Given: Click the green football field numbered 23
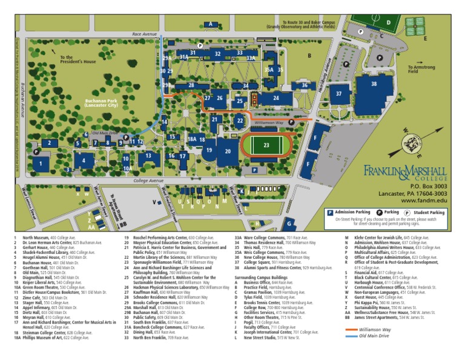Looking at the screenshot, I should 266,145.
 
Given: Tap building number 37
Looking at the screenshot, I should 339,94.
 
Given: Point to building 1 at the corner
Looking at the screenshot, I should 41,163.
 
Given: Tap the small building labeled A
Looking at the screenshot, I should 211,24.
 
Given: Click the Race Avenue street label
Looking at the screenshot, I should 144,35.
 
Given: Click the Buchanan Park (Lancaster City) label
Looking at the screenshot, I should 101,104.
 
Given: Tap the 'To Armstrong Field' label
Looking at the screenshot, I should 421,69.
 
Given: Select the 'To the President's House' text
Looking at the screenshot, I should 77,59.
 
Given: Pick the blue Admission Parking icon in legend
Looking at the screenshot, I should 330,213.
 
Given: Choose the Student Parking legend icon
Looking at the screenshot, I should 407,213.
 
